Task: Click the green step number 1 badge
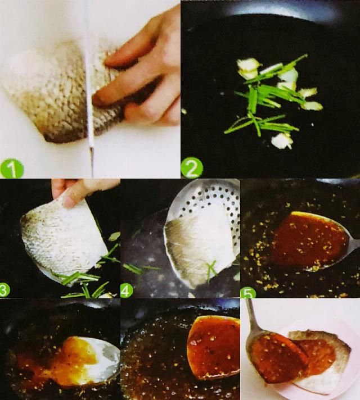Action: point(11,168)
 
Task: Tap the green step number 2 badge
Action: point(192,169)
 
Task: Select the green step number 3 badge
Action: point(4,290)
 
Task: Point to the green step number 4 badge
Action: point(127,290)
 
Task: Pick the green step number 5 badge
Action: point(248,293)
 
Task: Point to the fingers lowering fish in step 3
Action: point(76,192)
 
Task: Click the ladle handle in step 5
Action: point(354,245)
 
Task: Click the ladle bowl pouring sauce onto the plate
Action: point(276,357)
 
